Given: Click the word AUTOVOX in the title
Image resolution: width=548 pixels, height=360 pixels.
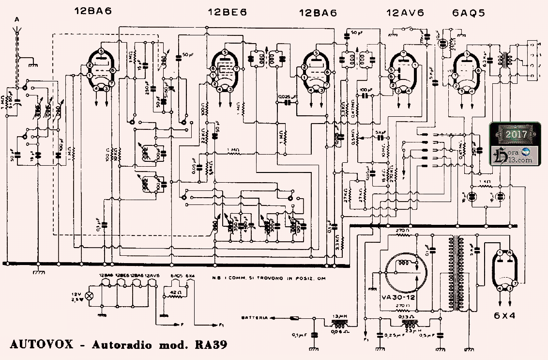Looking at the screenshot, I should pos(41,345).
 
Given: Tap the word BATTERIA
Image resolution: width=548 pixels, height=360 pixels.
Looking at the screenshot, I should pos(254,318).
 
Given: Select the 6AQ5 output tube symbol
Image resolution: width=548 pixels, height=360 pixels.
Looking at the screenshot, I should pos(466,72).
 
